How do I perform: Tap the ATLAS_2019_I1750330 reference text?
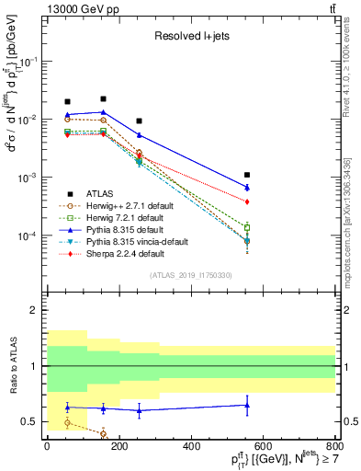(190, 274)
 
